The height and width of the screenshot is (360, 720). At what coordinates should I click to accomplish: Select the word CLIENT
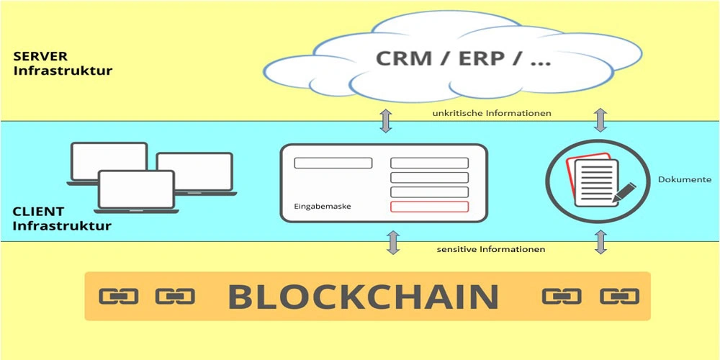tap(38, 212)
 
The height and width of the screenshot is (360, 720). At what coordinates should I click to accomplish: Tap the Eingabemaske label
tap(322, 207)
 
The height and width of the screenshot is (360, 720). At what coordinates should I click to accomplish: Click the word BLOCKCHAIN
tap(364, 297)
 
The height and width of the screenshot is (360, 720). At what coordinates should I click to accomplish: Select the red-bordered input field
tap(429, 207)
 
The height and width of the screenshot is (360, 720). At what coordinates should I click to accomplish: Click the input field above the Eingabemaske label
tap(333, 163)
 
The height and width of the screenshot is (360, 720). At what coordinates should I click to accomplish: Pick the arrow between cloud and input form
tap(387, 120)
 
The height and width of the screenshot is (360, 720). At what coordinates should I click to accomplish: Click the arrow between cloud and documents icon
tap(599, 120)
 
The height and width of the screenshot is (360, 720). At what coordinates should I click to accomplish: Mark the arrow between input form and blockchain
tap(393, 243)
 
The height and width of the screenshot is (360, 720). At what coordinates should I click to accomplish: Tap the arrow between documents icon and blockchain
tap(599, 243)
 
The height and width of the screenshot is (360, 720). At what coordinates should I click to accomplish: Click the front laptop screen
tap(136, 189)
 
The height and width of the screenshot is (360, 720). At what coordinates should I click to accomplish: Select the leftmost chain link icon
tap(118, 296)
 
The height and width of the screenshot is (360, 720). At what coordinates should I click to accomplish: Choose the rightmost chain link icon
tap(619, 296)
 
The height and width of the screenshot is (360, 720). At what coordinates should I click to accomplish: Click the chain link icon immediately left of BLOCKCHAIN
tap(175, 296)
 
